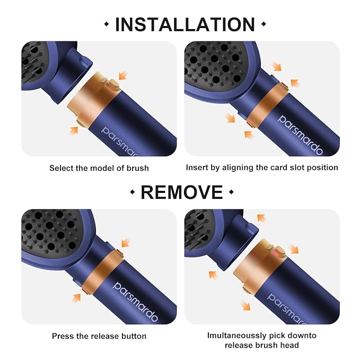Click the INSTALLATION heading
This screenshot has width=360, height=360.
click(x=185, y=24)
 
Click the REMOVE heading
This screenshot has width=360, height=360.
click(x=181, y=192)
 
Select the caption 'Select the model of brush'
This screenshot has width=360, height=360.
click(x=99, y=168)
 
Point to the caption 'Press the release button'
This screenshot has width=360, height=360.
click(x=99, y=336)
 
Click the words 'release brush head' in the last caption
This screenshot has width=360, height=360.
click(x=262, y=345)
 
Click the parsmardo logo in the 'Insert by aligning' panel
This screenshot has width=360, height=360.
click(x=300, y=135)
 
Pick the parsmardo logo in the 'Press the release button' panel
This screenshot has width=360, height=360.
click(x=135, y=301)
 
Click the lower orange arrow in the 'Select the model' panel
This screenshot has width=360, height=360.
click(x=74, y=130)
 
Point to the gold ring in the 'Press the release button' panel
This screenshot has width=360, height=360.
click(x=99, y=268)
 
